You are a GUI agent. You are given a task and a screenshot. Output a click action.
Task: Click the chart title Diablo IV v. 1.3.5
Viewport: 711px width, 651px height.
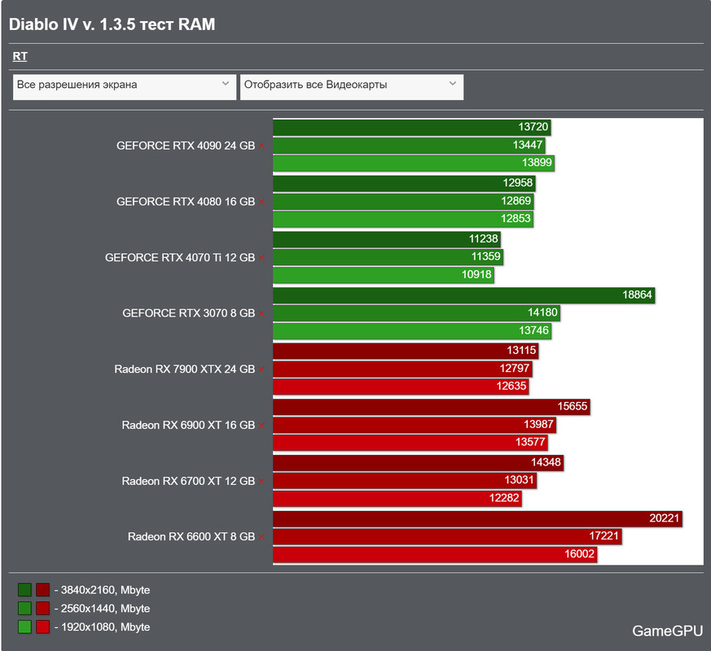112,24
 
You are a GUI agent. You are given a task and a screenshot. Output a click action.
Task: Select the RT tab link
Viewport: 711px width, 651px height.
20,56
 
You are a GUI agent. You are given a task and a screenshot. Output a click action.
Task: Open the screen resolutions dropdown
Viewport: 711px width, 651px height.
124,85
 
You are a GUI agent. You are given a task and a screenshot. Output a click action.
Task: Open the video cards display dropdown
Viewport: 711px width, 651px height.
351,85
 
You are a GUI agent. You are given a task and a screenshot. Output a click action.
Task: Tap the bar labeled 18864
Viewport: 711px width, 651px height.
464,295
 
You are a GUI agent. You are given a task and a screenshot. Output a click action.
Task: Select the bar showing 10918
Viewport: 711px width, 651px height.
384,275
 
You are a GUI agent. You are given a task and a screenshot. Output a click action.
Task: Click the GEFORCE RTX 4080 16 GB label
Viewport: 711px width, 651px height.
186,201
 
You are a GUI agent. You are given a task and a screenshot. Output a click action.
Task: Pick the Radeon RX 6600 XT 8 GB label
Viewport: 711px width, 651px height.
191,536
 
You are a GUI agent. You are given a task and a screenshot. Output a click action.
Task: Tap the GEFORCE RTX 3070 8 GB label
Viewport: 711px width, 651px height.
188,312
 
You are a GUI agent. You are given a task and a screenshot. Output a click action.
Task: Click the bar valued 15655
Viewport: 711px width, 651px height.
431,406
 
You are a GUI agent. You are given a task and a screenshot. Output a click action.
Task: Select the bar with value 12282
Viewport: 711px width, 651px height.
397,498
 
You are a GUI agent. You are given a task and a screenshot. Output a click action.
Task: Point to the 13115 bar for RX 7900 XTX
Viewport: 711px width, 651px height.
406,351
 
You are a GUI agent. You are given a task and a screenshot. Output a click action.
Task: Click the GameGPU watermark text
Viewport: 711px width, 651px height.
663,631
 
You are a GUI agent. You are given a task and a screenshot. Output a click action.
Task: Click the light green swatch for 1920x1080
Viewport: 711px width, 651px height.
24,627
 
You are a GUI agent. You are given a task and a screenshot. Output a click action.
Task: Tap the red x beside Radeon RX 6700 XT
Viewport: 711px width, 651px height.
262,482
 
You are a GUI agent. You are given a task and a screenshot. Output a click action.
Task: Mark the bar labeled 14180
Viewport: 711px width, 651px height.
416,312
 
